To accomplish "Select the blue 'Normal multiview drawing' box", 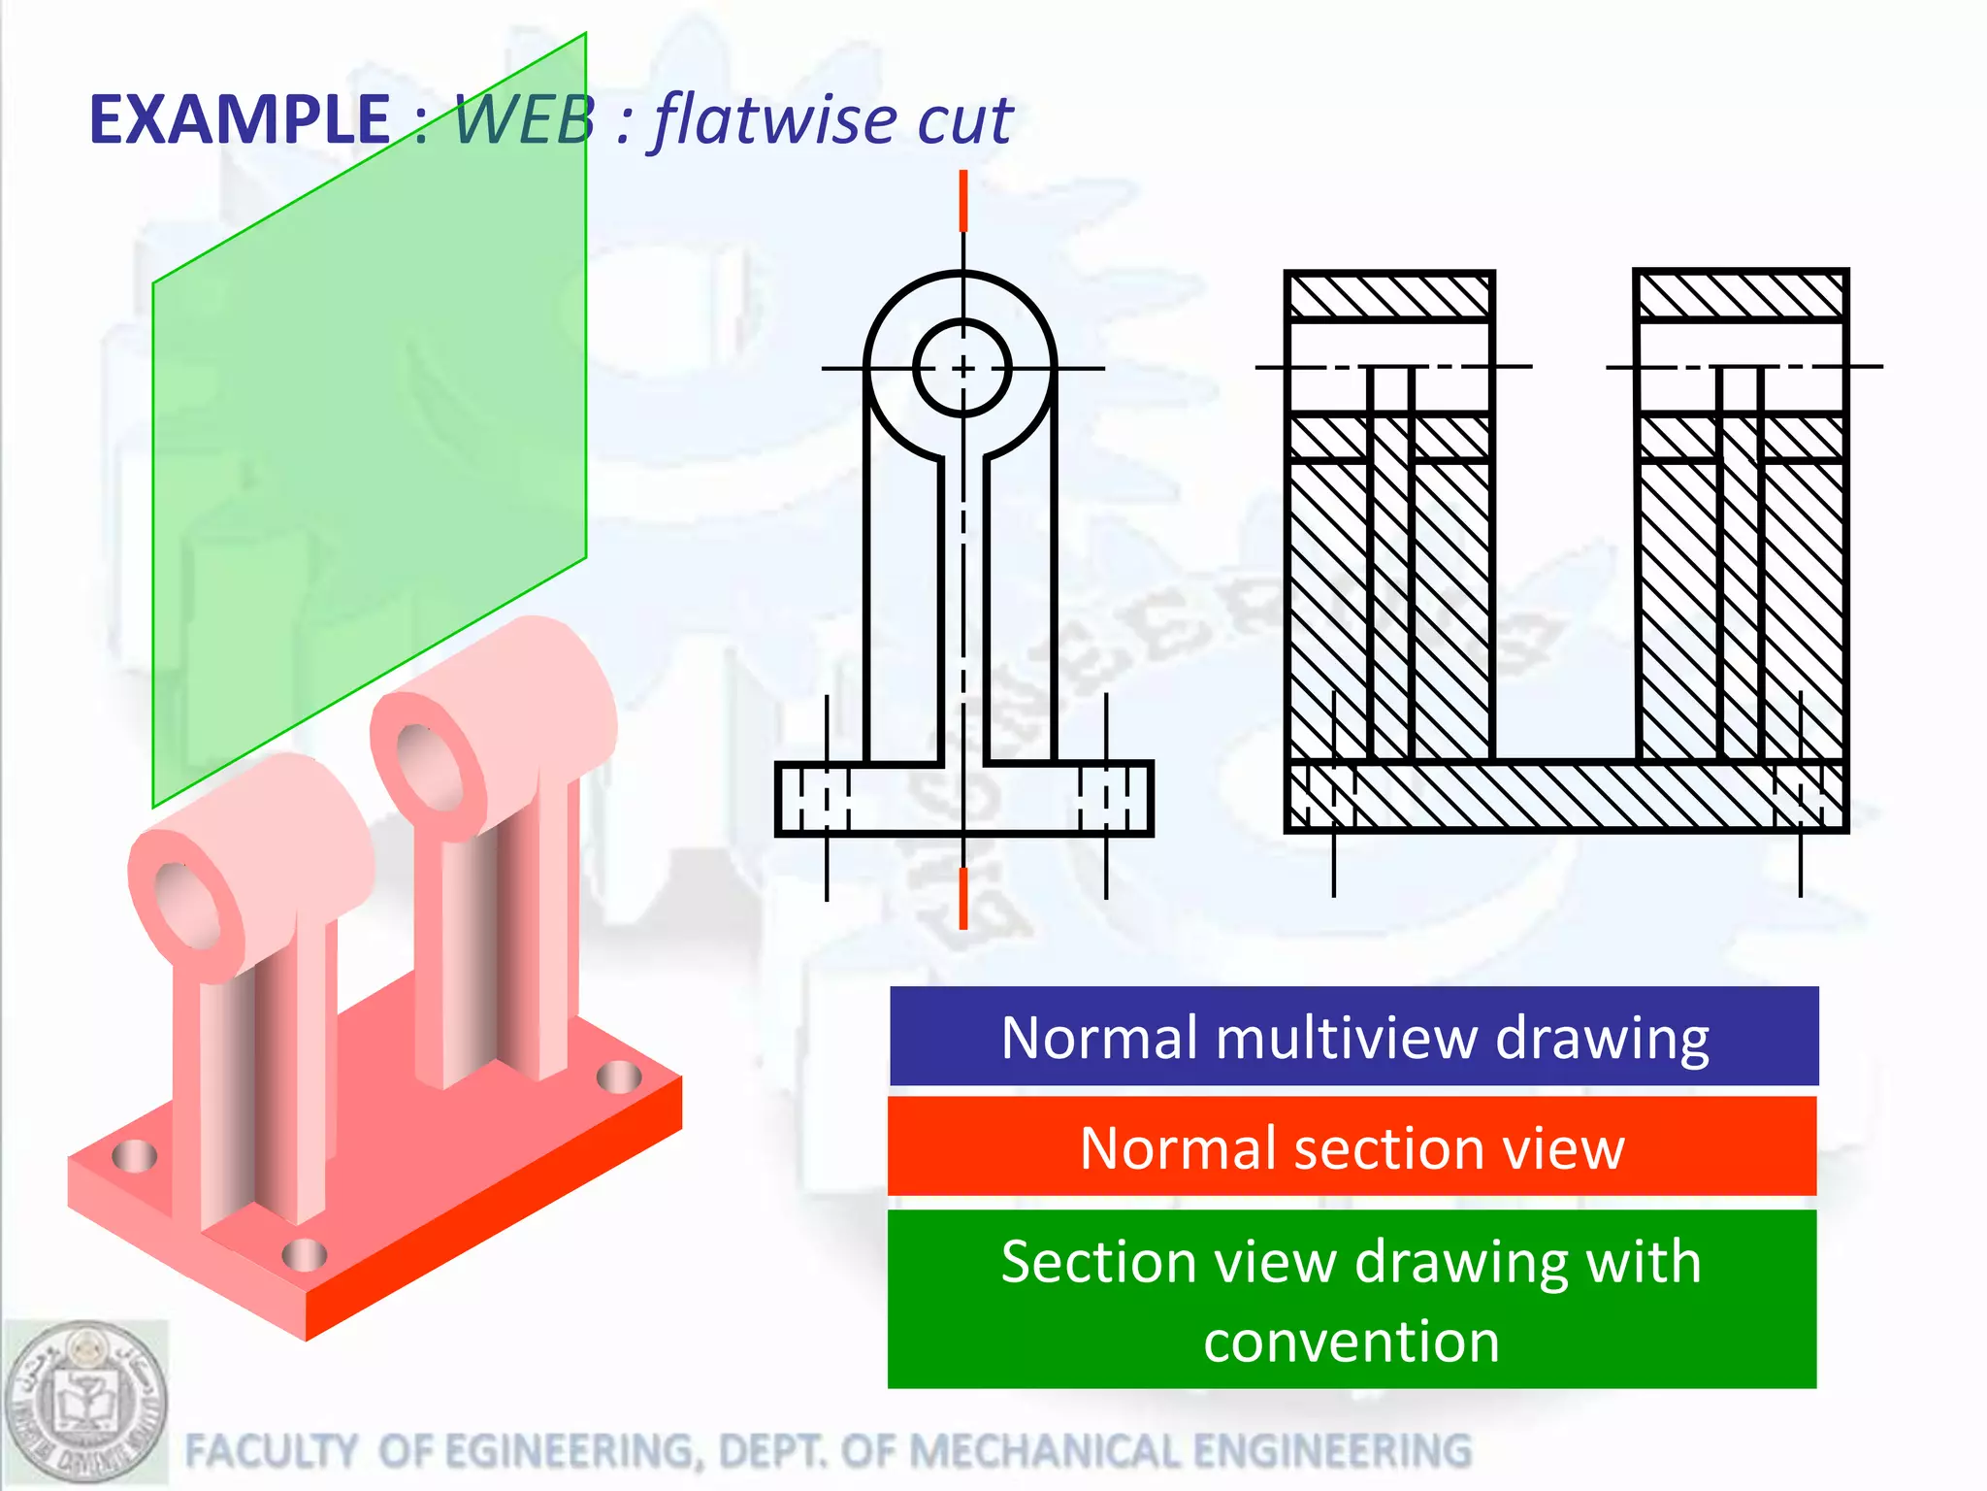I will pyautogui.click(x=1353, y=1037).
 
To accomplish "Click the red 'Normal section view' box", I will pyautogui.click(x=1352, y=1147).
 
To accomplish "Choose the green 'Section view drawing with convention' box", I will pyautogui.click(x=1352, y=1300).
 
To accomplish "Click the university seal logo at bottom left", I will pyautogui.click(x=85, y=1403).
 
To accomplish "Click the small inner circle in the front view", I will pyautogui.click(x=962, y=368).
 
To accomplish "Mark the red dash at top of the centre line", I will pyautogui.click(x=962, y=201).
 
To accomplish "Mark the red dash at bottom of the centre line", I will pyautogui.click(x=962, y=898).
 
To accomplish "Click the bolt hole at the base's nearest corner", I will pyautogui.click(x=305, y=1255).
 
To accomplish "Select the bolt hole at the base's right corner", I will pyautogui.click(x=618, y=1077).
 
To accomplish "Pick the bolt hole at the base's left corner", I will pyautogui.click(x=134, y=1155).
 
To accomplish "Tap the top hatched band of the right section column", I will pyautogui.click(x=1740, y=296).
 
